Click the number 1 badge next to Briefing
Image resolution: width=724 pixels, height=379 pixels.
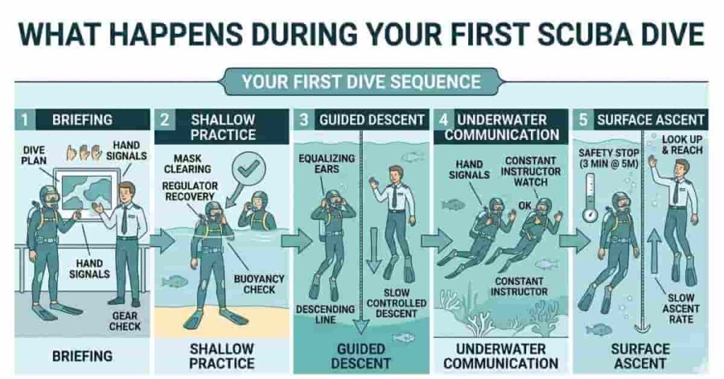pyautogui.click(x=23, y=119)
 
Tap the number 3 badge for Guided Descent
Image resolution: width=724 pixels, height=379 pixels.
pyautogui.click(x=303, y=119)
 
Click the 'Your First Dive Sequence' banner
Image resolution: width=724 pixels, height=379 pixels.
pyautogui.click(x=361, y=81)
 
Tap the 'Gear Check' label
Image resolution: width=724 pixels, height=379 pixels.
pyautogui.click(x=124, y=320)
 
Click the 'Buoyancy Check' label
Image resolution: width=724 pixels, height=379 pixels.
pyautogui.click(x=260, y=284)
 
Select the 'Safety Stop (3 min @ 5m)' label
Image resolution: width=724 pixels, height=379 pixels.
pyautogui.click(x=609, y=159)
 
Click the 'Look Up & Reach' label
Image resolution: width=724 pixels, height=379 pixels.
pyautogui.click(x=682, y=145)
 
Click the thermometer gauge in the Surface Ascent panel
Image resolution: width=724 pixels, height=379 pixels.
pyautogui.click(x=590, y=202)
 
